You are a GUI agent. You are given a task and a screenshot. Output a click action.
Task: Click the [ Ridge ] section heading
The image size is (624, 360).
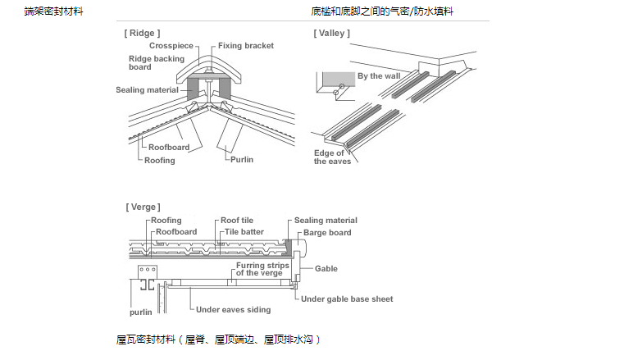pos(141,33)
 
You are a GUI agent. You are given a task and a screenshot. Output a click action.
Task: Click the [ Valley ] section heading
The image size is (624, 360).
pos(331,33)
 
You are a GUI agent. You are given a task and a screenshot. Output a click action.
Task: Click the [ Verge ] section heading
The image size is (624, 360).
pos(143,207)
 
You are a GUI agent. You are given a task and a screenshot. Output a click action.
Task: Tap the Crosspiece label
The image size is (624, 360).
pos(171,46)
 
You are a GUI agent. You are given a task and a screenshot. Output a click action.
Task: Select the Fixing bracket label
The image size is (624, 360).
pos(246,46)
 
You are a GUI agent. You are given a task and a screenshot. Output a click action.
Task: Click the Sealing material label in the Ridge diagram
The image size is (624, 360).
pos(147,89)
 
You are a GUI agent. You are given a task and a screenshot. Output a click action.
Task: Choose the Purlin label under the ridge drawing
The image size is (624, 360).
pos(242,159)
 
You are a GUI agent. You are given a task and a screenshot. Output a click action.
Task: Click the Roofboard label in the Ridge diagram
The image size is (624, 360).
pos(169,148)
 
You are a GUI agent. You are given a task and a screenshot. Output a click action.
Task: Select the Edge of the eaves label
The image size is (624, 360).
pos(332,157)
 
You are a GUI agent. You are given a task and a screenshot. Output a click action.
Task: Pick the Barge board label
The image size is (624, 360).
pos(327,233)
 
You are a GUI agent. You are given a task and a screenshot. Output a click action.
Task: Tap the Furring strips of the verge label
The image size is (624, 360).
pos(262,269)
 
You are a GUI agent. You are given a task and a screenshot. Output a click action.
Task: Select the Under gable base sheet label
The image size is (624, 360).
pos(347,299)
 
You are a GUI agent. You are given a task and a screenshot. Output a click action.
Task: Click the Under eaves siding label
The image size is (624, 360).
pos(233,310)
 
